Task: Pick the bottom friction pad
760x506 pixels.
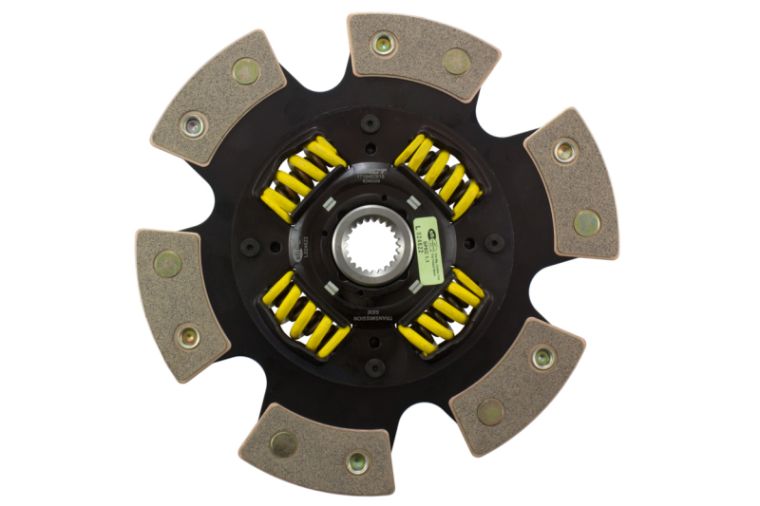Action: (x=317, y=450)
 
